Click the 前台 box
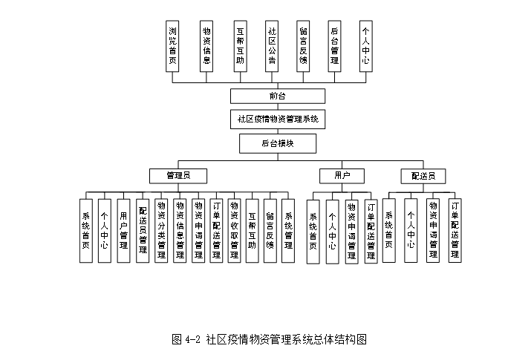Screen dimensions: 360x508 [278, 96]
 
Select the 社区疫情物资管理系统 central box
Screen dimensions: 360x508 [278, 119]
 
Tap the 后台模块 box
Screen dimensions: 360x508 [278, 143]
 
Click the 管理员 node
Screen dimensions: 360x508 [178, 176]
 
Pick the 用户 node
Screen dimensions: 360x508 [342, 176]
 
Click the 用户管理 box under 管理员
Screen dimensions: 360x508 [123, 230]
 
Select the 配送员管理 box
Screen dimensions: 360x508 [143, 230]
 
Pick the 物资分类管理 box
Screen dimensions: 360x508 [161, 230]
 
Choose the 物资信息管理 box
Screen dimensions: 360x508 [180, 230]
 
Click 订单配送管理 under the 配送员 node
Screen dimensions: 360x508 [455, 230]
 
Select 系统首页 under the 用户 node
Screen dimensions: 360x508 [313, 230]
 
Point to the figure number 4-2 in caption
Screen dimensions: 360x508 [192, 339]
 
